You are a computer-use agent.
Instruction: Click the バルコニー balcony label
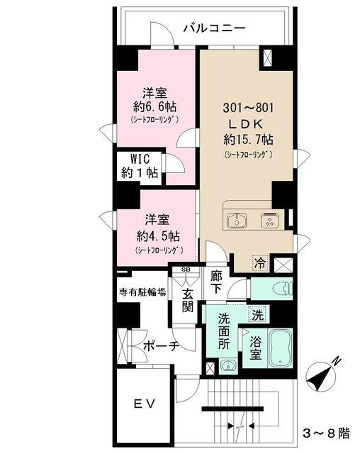tap(213, 28)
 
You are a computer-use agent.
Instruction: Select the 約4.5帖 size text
tap(154, 236)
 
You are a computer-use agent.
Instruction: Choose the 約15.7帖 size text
tap(247, 139)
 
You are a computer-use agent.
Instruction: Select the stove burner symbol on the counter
tap(269, 221)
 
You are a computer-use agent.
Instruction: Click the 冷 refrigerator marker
tap(261, 263)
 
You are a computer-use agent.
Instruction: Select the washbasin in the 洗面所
tap(227, 365)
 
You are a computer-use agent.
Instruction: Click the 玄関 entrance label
tap(186, 299)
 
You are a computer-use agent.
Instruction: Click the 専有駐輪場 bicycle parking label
tap(142, 291)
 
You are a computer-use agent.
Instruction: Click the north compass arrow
tap(323, 375)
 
